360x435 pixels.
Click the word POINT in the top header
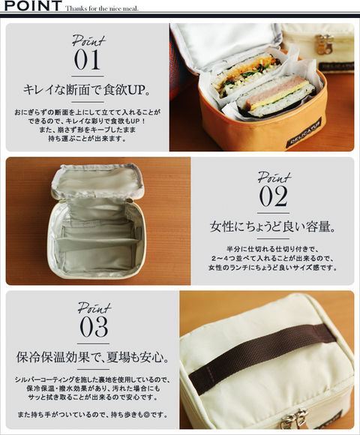(33, 6)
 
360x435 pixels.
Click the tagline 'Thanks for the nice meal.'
(102, 8)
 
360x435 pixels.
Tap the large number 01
(87, 60)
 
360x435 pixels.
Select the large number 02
(273, 196)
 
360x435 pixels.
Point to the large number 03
(94, 327)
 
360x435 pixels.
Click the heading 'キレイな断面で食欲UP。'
(87, 89)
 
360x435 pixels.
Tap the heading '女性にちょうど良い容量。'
(273, 226)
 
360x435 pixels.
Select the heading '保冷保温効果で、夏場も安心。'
(93, 357)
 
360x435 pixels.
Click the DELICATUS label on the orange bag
(304, 133)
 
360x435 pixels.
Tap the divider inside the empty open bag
(97, 244)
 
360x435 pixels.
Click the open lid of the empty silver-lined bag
(97, 180)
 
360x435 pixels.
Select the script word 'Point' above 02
(274, 178)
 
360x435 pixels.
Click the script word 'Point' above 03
(94, 308)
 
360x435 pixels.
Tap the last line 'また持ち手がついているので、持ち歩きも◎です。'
(93, 415)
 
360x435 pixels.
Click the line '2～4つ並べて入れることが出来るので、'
(273, 258)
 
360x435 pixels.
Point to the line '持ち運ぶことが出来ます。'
(87, 138)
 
